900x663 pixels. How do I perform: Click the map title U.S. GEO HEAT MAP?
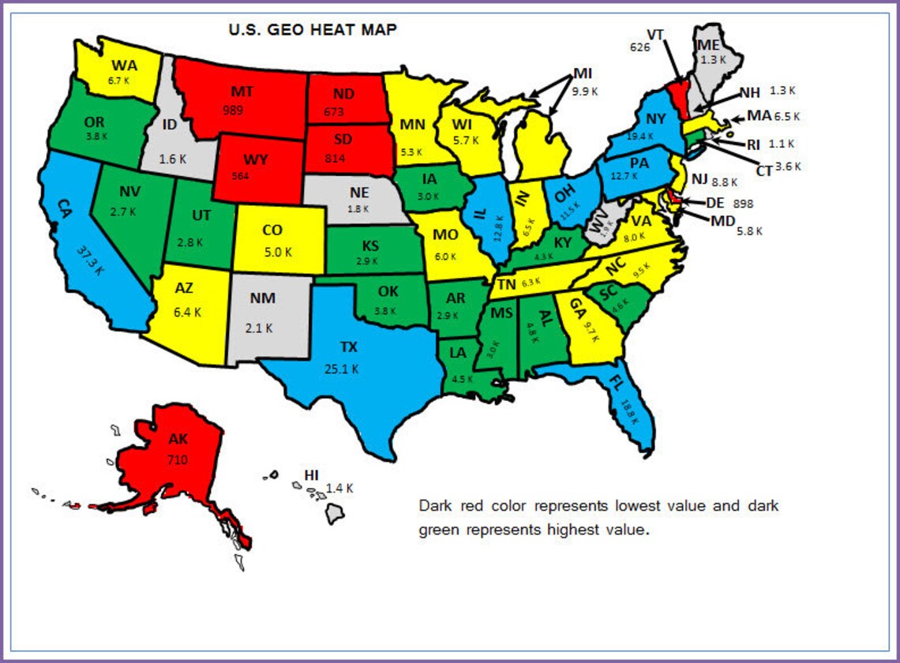pos(313,31)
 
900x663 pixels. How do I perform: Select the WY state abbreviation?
pos(255,160)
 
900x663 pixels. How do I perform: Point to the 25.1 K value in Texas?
pos(341,368)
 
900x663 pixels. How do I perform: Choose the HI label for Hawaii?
pos(312,475)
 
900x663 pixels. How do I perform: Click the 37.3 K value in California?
pos(90,260)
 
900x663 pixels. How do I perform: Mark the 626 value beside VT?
pos(639,47)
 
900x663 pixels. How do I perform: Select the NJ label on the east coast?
pos(700,179)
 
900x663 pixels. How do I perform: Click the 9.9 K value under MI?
pos(585,92)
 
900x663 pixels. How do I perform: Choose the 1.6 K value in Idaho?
pos(171,158)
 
